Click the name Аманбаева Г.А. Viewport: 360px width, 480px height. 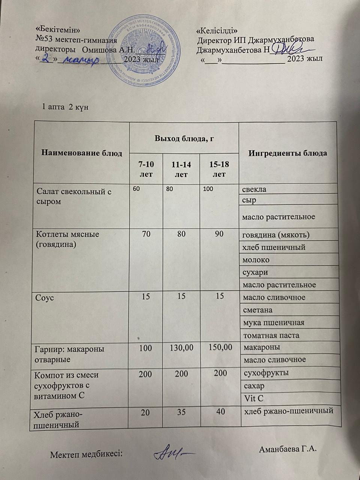[x=288, y=449]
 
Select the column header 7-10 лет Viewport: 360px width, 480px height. [x=146, y=169]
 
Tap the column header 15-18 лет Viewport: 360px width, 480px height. [x=219, y=169]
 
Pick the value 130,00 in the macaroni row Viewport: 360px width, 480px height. [x=181, y=348]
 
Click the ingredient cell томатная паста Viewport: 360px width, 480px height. [x=271, y=335]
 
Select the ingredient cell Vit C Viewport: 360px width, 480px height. [x=254, y=398]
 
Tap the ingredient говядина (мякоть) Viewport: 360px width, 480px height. [x=276, y=235]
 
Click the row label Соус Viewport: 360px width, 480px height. [x=45, y=297]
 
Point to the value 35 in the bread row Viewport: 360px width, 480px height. [x=181, y=411]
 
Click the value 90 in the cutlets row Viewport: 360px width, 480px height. [x=219, y=234]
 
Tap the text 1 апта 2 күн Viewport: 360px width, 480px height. [x=65, y=107]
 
